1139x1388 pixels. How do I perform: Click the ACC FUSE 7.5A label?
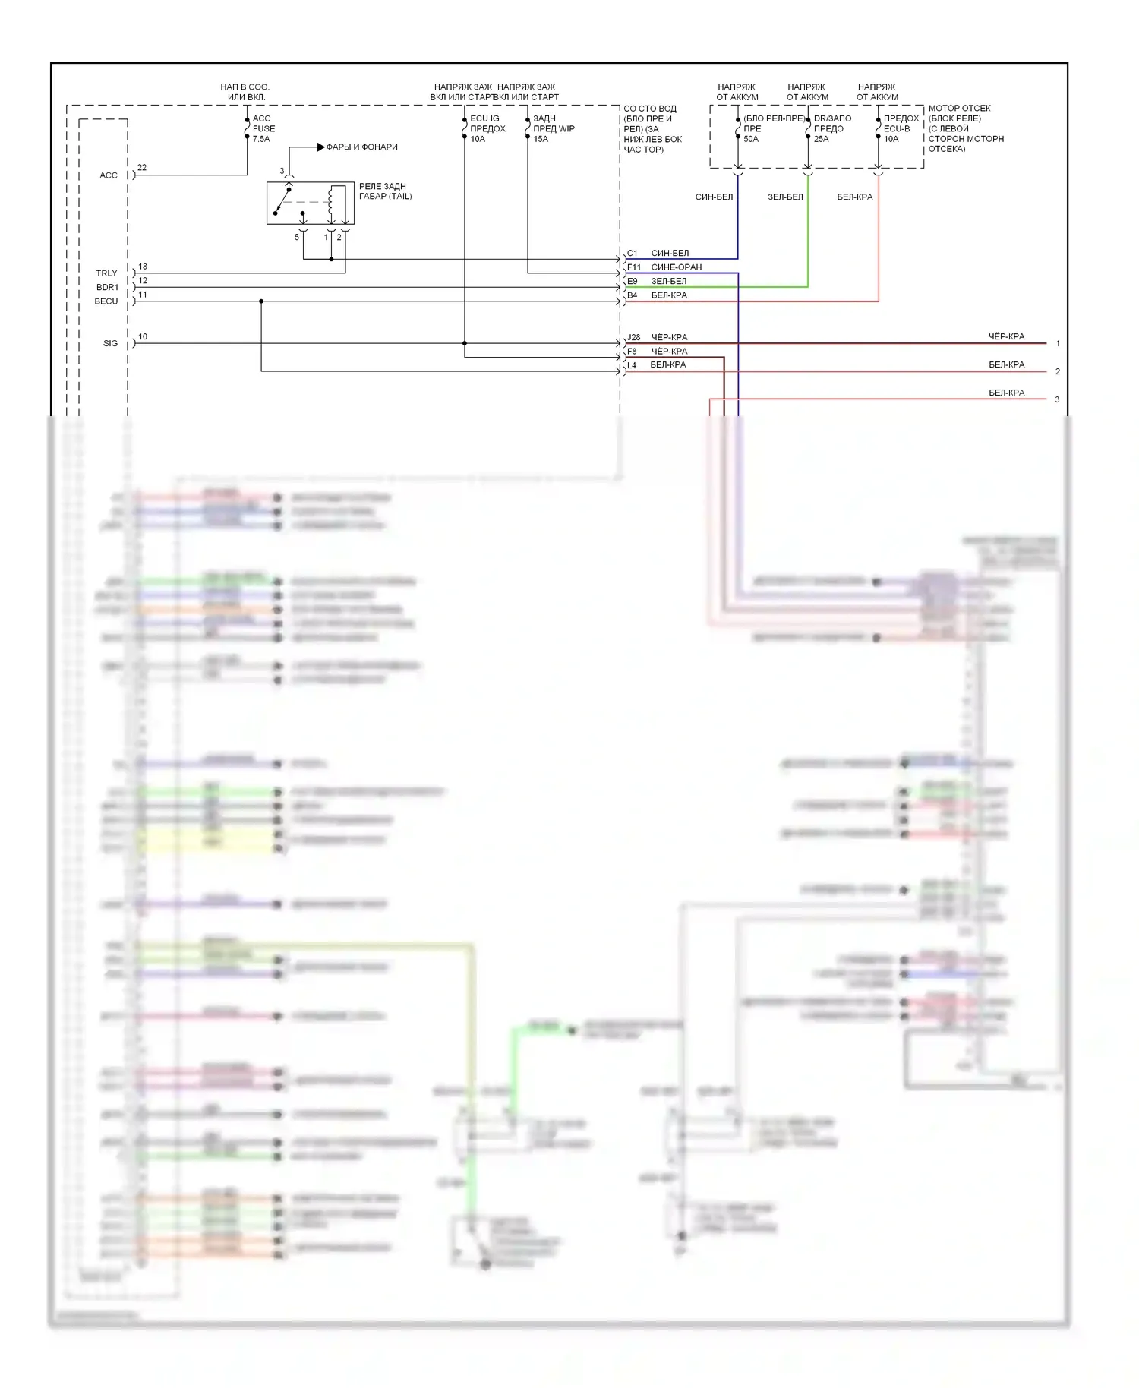point(263,128)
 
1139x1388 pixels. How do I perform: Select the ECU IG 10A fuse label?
point(487,128)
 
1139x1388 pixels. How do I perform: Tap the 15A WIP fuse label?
point(553,128)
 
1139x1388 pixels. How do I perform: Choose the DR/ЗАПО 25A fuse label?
point(832,128)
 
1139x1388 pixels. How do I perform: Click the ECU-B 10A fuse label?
point(901,128)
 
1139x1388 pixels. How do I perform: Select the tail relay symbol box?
point(310,203)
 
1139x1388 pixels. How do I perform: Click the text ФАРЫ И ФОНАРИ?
point(361,147)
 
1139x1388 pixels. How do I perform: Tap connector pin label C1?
point(633,253)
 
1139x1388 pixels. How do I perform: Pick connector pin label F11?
point(634,267)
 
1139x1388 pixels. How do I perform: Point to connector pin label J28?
point(634,337)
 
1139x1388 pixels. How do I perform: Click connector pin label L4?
point(632,365)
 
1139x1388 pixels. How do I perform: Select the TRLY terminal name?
point(106,273)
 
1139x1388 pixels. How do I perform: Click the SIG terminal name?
point(110,343)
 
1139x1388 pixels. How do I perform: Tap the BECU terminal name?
point(106,301)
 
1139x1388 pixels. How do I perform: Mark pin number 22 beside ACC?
point(142,167)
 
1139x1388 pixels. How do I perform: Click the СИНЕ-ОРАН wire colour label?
point(676,267)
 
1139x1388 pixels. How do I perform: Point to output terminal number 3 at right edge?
point(1057,399)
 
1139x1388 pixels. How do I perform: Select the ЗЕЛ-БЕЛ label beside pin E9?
point(668,281)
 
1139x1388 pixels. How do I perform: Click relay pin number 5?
point(297,237)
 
